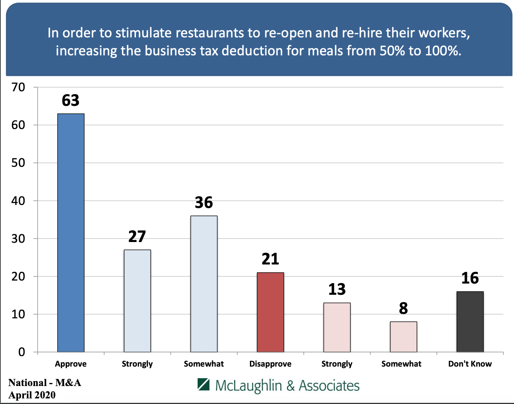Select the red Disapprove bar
click(x=270, y=312)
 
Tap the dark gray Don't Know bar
click(x=470, y=322)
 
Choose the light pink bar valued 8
click(x=403, y=337)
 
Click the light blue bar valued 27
click(x=137, y=301)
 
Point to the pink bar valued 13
click(x=337, y=327)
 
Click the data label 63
click(x=71, y=100)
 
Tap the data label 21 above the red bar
click(x=270, y=259)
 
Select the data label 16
click(x=470, y=278)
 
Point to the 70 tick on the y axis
click(x=18, y=87)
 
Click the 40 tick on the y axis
click(x=18, y=201)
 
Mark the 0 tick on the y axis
click(x=22, y=352)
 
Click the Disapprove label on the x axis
click(x=270, y=364)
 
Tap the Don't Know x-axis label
click(x=470, y=364)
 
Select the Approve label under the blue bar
click(x=71, y=364)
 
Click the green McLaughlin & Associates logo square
click(x=204, y=384)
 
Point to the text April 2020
click(x=32, y=395)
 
